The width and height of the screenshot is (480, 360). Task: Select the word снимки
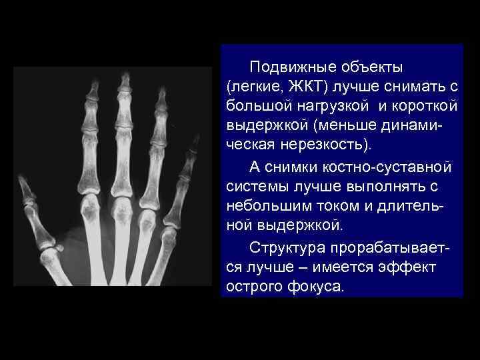(290, 165)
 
